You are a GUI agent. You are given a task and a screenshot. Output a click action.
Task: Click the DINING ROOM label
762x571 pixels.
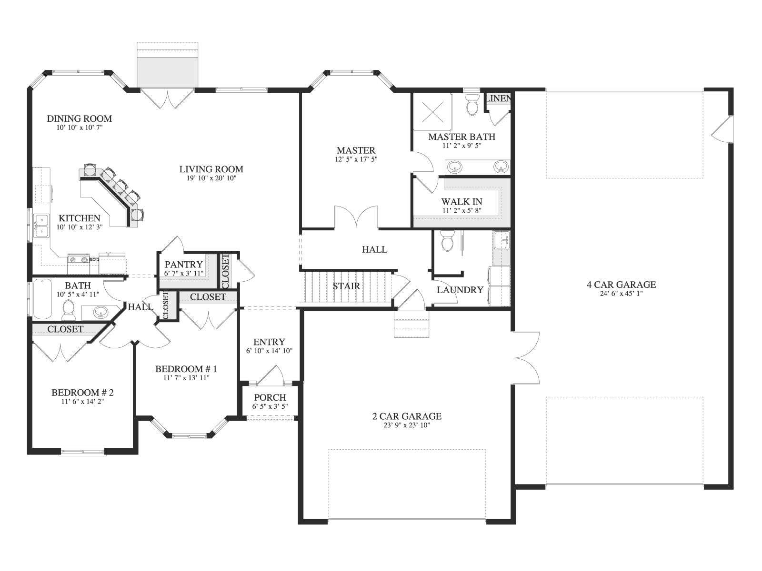80,118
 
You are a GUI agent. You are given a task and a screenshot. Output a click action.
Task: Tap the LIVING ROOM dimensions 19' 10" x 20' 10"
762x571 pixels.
211,178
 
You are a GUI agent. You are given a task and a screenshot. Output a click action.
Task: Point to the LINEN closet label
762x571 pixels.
498,98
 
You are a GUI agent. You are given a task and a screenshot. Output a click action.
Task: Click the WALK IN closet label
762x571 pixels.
461,201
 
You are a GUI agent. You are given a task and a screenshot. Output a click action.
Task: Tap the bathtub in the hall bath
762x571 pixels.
43,299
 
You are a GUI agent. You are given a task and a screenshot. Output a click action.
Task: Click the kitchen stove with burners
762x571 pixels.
79,264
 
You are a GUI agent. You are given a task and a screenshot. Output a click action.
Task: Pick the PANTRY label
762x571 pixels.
184,265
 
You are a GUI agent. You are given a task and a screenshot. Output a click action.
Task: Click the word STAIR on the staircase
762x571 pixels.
346,286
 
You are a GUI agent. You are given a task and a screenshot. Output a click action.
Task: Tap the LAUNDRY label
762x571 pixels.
460,290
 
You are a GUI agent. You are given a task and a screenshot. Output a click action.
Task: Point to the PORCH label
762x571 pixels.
270,397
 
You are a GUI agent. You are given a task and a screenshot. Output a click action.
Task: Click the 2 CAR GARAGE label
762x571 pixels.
407,416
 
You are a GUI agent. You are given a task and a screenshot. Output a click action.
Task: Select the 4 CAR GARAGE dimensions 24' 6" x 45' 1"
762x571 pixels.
621,294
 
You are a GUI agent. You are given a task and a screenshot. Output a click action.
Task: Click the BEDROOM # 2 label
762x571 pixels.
82,393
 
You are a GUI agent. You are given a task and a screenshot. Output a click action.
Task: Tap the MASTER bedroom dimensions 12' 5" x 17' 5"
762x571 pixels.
356,159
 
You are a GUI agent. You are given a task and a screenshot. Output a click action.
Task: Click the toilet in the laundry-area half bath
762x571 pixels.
448,241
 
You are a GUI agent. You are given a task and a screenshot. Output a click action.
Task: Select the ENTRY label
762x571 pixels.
269,342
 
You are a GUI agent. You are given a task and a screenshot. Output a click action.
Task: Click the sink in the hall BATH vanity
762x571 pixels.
101,312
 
